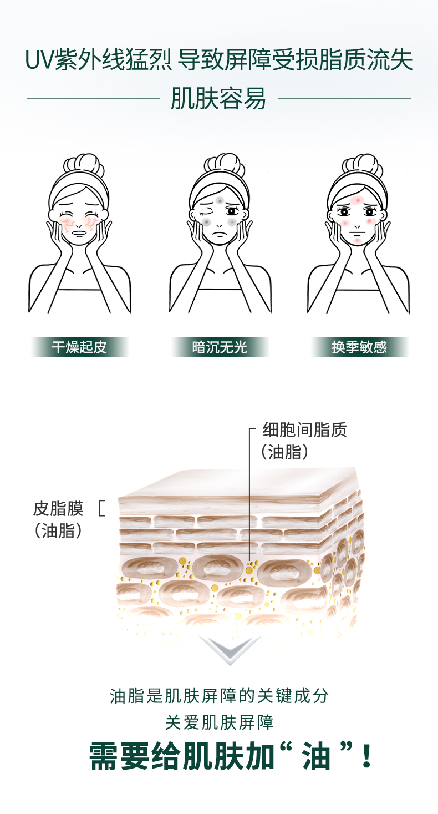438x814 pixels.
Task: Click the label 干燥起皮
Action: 79,347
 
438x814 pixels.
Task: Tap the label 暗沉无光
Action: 220,347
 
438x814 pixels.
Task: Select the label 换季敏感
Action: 359,347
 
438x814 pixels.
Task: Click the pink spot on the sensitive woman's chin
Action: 358,240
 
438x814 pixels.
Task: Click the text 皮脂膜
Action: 58,508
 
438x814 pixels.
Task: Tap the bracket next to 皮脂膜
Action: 101,508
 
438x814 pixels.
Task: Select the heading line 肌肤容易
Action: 218,99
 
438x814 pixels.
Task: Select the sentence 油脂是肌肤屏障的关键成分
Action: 219,696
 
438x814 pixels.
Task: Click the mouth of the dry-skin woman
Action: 81,234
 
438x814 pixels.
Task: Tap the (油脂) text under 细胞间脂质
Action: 284,452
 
